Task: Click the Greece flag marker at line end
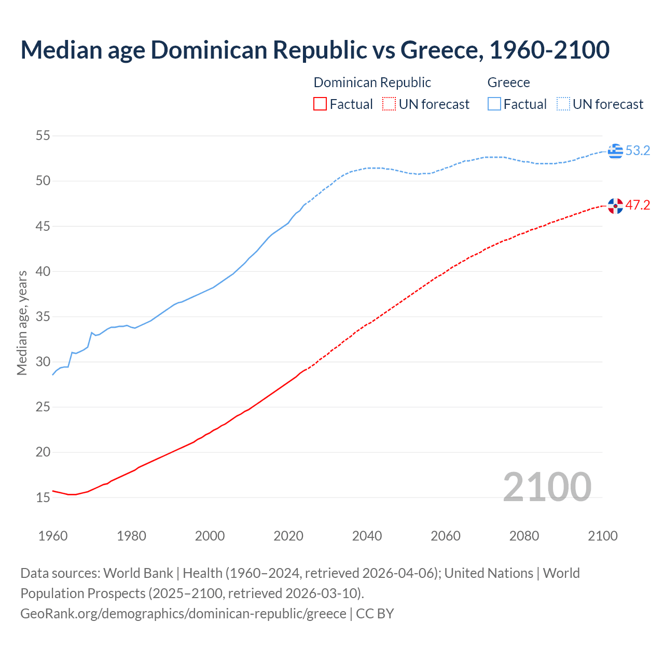pyautogui.click(x=615, y=151)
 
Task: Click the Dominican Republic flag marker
pyautogui.click(x=615, y=205)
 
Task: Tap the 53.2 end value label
pyautogui.click(x=638, y=151)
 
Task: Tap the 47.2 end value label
pyautogui.click(x=638, y=205)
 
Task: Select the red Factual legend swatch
pyautogui.click(x=320, y=104)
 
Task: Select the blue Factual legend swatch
pyautogui.click(x=494, y=104)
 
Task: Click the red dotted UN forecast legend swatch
pyautogui.click(x=389, y=104)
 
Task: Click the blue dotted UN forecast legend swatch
pyautogui.click(x=563, y=104)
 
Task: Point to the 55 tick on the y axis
pyautogui.click(x=43, y=136)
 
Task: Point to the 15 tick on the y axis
pyautogui.click(x=43, y=497)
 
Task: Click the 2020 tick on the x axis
pyautogui.click(x=288, y=536)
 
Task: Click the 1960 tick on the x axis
pyautogui.click(x=53, y=536)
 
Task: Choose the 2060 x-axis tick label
pyautogui.click(x=446, y=536)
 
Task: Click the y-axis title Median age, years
pyautogui.click(x=22, y=323)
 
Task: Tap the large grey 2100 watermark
pyautogui.click(x=547, y=487)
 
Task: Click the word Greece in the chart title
pyautogui.click(x=440, y=50)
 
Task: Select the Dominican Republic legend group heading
pyautogui.click(x=372, y=82)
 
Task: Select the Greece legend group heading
pyautogui.click(x=508, y=82)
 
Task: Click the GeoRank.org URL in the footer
pyautogui.click(x=183, y=614)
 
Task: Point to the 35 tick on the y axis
pyautogui.click(x=43, y=316)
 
